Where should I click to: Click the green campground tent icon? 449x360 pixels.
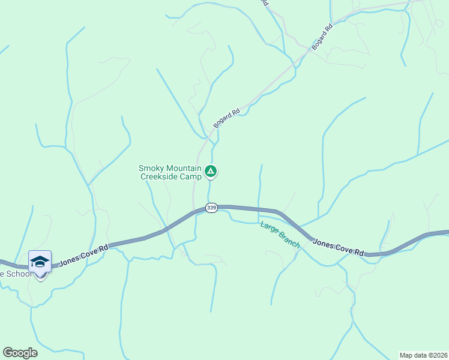pos(211,172)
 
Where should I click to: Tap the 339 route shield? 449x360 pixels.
pos(211,208)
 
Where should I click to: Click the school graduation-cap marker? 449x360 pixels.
pos(40,262)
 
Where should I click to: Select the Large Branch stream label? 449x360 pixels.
pos(280,235)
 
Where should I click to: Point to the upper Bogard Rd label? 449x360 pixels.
pos(322,37)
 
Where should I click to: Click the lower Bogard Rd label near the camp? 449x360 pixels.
pos(226,118)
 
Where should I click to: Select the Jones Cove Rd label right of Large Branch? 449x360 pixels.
pos(338,248)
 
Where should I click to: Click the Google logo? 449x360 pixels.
pos(20,353)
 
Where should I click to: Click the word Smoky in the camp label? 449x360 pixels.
pos(151,169)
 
